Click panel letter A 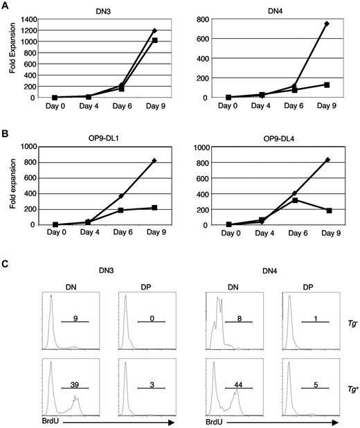click(x=6, y=6)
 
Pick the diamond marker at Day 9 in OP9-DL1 click(x=152, y=161)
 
